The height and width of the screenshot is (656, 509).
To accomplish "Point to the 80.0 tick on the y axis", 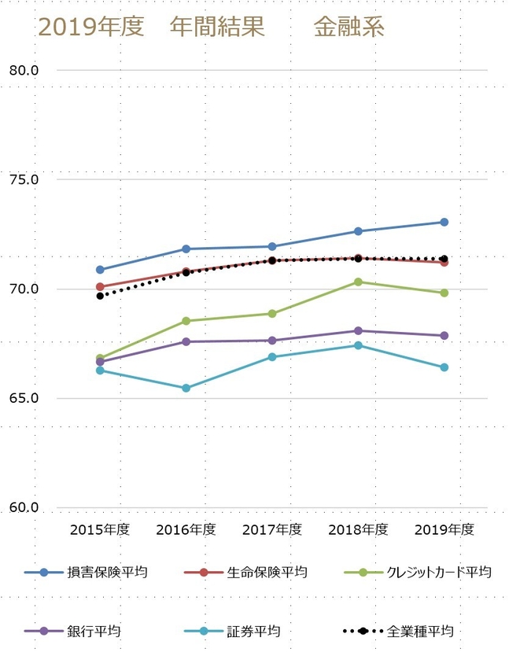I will [24, 70].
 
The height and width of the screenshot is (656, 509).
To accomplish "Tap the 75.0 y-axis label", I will [24, 179].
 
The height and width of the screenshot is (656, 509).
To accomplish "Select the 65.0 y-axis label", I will [24, 398].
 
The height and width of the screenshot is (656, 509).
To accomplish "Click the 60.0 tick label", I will [24, 508].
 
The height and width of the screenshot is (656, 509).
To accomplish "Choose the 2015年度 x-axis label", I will [100, 529].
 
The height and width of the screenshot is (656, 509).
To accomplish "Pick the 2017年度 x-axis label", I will [272, 529].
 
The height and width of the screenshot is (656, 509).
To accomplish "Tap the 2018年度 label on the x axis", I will [358, 529].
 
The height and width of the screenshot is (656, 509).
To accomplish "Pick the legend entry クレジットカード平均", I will [437, 572].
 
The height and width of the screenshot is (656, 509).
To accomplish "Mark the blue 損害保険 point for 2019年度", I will [444, 222].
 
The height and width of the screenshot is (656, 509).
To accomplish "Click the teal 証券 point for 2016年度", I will [186, 388].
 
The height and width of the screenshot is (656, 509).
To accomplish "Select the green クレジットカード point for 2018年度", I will [358, 282].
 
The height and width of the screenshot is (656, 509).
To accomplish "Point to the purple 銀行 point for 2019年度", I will [444, 336].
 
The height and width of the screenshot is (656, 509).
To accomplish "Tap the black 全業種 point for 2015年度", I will [100, 296].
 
